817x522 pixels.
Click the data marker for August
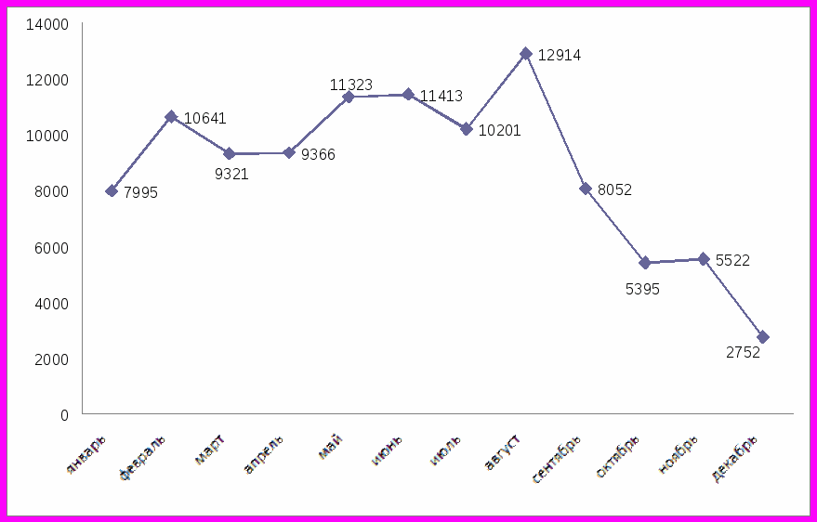tap(526, 54)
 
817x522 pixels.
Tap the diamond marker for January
tap(112, 190)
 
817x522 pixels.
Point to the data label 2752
tap(743, 353)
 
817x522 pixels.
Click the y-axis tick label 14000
tap(51, 24)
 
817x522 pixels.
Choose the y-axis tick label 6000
tap(52, 248)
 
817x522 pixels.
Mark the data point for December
tap(763, 337)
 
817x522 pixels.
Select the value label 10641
tap(204, 119)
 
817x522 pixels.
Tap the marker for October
tap(644, 263)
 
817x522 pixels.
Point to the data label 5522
tap(732, 261)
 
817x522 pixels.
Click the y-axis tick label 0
tap(64, 415)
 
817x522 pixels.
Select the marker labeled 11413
tap(408, 95)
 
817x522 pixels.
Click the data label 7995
tap(140, 193)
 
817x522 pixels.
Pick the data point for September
tap(586, 189)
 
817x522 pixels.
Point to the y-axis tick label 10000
tap(51, 136)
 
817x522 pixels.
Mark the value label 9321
tap(231, 174)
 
